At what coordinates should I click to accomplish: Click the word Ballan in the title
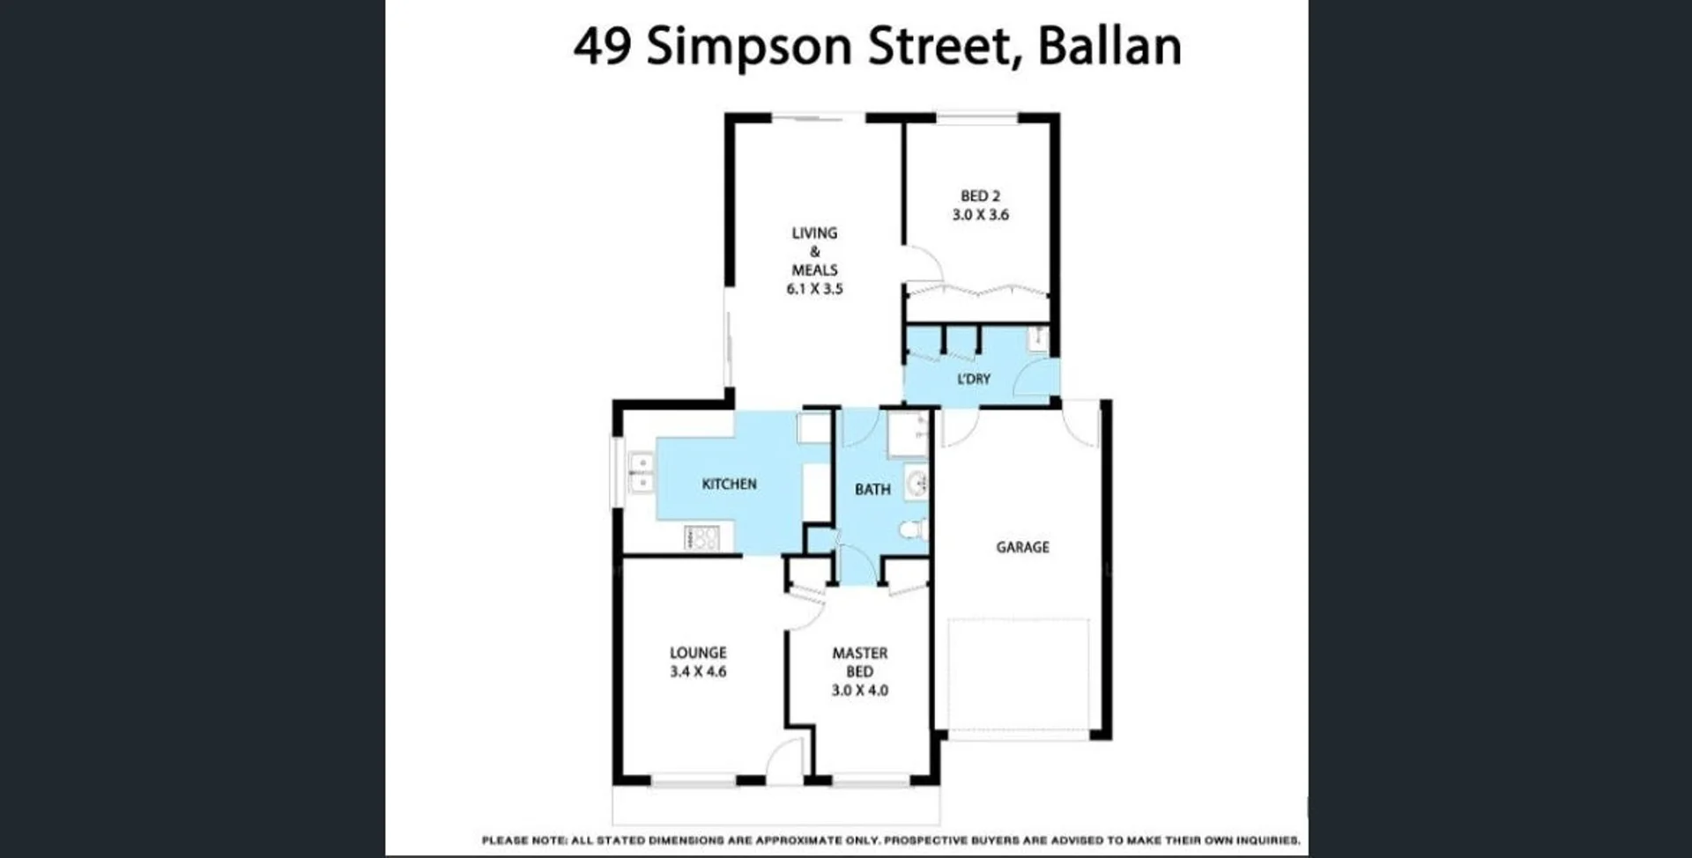click(x=1109, y=47)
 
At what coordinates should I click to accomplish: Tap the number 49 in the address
click(x=602, y=47)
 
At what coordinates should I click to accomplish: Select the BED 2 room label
click(x=980, y=196)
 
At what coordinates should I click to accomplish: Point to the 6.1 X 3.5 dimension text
click(x=814, y=289)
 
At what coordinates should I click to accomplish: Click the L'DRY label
click(x=974, y=379)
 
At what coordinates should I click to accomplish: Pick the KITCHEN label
click(x=729, y=484)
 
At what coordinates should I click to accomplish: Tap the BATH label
click(x=872, y=490)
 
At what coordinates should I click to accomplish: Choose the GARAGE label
click(x=1022, y=547)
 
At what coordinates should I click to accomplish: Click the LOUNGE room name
click(x=698, y=653)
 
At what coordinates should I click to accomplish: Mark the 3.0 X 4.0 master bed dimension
click(x=859, y=691)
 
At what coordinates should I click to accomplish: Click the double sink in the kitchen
click(x=641, y=473)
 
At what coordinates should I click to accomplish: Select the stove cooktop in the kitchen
click(x=702, y=537)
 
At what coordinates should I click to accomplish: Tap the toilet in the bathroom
click(x=912, y=529)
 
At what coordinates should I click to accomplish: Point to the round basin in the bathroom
click(x=917, y=483)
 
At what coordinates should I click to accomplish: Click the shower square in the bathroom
click(x=907, y=433)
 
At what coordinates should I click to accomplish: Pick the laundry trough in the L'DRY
click(x=1039, y=338)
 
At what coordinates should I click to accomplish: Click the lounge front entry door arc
click(x=785, y=759)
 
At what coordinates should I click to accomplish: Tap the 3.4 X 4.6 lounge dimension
click(x=698, y=671)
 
